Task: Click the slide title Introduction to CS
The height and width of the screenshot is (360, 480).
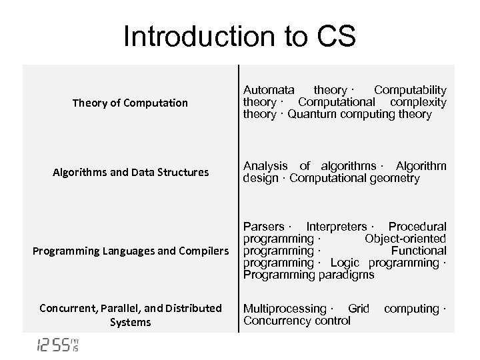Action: point(239,37)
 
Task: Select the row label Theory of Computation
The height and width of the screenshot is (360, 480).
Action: point(131,103)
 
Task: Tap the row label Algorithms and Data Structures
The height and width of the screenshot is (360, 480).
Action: point(131,173)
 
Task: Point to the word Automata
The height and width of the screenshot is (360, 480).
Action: point(269,89)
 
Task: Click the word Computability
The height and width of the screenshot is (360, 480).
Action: point(410,89)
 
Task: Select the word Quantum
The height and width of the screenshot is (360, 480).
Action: point(313,114)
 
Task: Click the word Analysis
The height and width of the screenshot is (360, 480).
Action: point(265,166)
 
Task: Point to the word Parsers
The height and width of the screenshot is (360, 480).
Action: point(263,227)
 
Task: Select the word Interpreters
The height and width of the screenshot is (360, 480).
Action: point(336,227)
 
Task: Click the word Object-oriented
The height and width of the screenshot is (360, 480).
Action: point(405,239)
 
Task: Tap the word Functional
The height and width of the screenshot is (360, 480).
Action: point(419,251)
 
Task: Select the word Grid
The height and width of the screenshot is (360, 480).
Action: point(359,309)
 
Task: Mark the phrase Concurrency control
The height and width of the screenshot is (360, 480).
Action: point(297,321)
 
